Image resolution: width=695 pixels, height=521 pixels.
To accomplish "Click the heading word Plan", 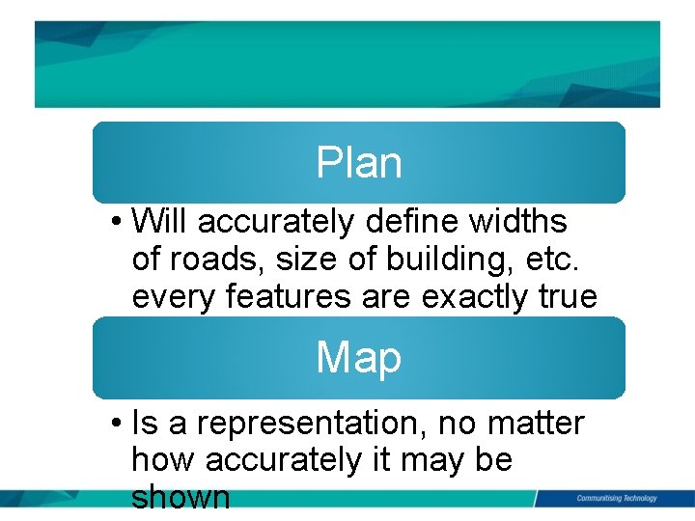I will click(358, 164).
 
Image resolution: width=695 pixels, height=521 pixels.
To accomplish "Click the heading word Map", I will click(358, 359).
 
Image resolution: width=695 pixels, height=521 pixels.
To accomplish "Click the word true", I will click(570, 297).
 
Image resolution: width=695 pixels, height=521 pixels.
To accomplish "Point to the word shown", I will click(181, 497).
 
